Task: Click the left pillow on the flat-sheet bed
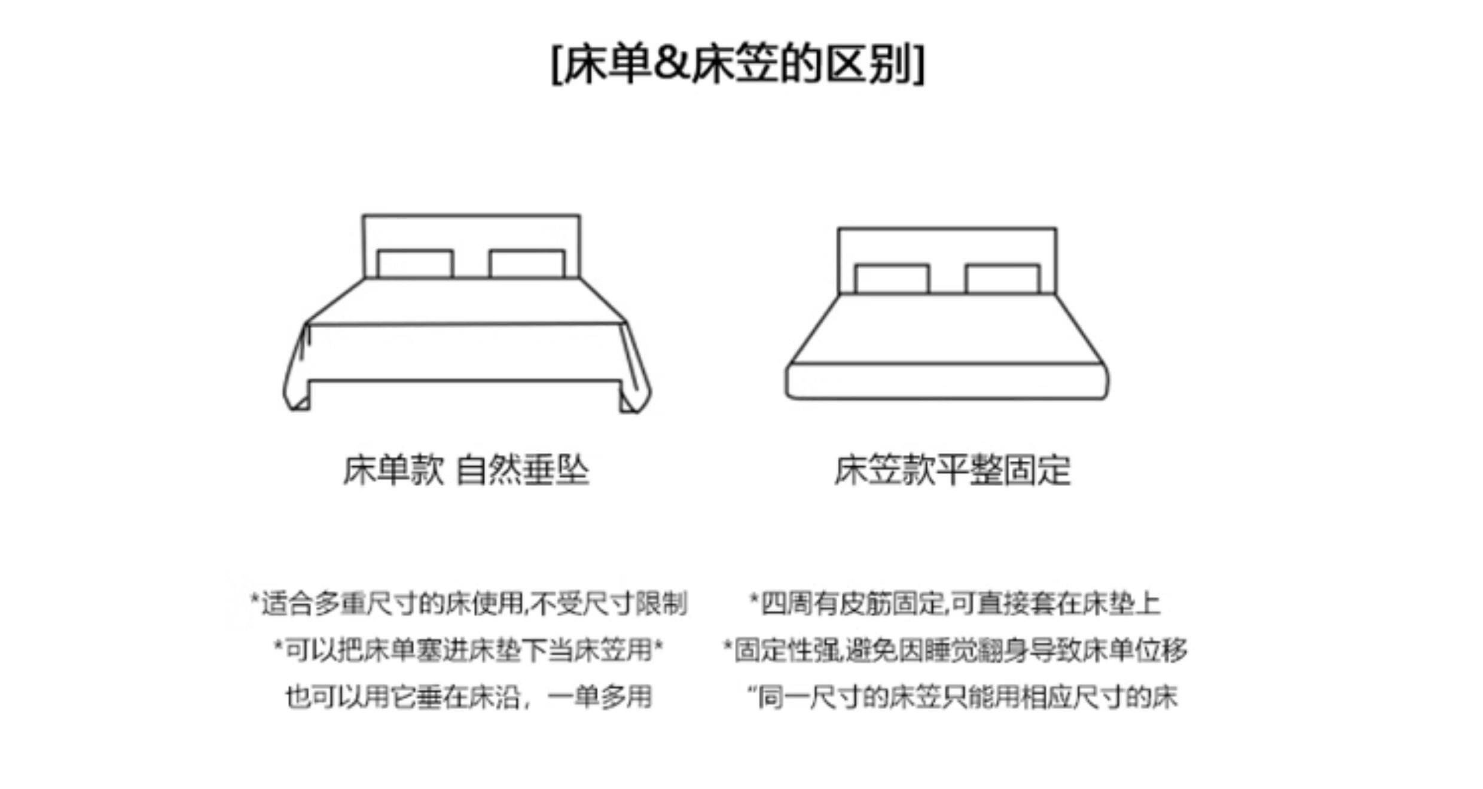point(415,264)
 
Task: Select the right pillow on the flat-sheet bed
point(526,264)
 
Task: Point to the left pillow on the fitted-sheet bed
point(892,279)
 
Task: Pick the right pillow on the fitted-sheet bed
point(1002,279)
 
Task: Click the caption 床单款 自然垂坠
point(466,470)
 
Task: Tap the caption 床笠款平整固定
point(952,470)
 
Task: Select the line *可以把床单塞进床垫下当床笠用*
point(468,650)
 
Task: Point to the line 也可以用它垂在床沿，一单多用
point(468,697)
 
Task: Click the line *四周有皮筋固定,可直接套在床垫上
point(955,604)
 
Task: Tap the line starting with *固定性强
point(955,650)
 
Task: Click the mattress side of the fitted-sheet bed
point(947,381)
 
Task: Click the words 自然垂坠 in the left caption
point(522,470)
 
